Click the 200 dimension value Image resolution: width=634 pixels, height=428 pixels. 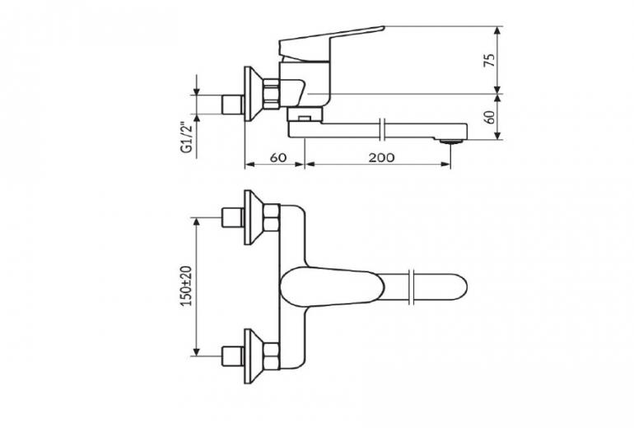[380, 156]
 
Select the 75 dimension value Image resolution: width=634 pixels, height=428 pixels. [490, 59]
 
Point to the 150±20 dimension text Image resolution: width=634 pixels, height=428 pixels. [186, 286]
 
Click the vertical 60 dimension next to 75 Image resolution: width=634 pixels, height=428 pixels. [490, 116]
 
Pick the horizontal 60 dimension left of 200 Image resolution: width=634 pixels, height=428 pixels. [277, 156]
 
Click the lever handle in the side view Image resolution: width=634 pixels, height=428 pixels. [329, 40]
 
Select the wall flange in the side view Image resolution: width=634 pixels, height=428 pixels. [250, 94]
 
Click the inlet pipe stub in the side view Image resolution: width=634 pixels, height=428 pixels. [234, 105]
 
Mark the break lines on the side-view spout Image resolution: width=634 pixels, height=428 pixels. [385, 130]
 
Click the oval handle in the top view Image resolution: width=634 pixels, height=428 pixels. [329, 286]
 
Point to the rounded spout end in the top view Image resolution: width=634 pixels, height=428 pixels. [453, 286]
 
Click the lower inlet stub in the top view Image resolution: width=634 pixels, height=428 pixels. [234, 356]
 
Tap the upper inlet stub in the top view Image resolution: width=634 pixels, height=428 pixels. [234, 218]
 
